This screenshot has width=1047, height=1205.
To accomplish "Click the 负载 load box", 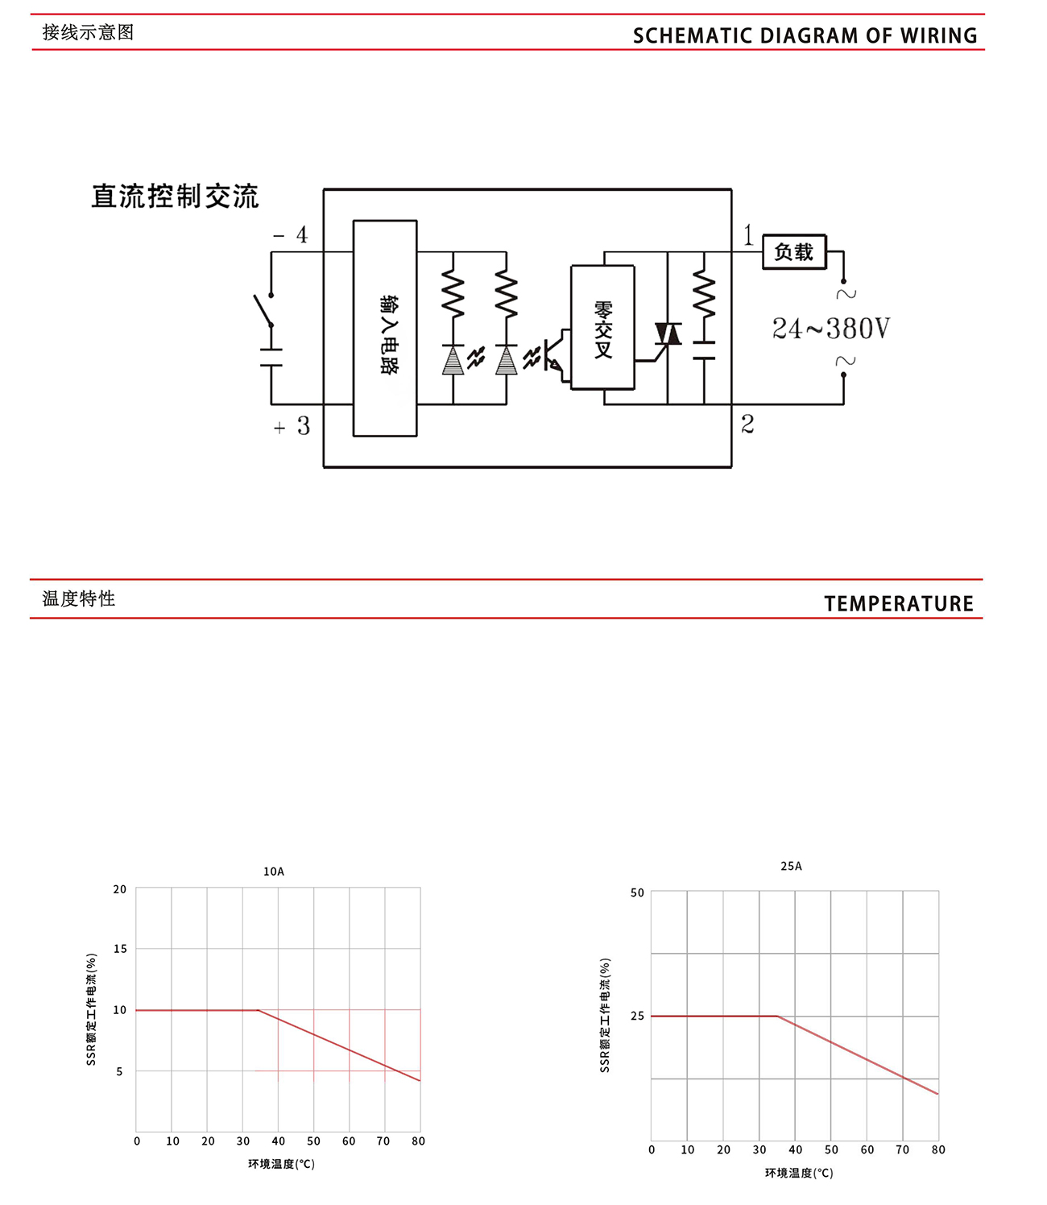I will (793, 252).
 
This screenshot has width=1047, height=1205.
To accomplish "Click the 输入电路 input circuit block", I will (385, 329).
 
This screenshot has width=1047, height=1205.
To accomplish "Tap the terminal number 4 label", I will (302, 235).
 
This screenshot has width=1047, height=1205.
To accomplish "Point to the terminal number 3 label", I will (303, 426).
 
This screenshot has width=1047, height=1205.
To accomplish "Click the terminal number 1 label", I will (748, 235).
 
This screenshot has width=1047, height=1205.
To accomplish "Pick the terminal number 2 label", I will (747, 424).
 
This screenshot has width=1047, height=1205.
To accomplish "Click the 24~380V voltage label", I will (830, 329).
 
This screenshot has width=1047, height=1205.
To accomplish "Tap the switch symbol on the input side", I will (263, 310).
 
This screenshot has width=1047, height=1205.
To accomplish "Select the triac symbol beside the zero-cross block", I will (668, 333).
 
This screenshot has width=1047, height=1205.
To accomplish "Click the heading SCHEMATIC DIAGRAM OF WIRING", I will (805, 35).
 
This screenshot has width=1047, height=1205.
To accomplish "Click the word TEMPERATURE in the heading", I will (899, 603).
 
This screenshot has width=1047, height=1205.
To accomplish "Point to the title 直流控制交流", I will (175, 197).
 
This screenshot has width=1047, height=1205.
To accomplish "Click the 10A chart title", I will (274, 872).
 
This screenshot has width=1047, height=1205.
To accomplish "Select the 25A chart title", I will (791, 866).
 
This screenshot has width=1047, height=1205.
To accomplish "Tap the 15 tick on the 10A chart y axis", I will (120, 949).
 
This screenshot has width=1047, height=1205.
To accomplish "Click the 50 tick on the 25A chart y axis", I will (637, 892).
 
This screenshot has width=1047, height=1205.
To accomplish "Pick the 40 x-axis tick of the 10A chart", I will (278, 1141).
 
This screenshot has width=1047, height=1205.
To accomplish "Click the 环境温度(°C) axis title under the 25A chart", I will (799, 1173).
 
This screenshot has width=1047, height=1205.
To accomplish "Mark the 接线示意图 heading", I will (88, 33).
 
